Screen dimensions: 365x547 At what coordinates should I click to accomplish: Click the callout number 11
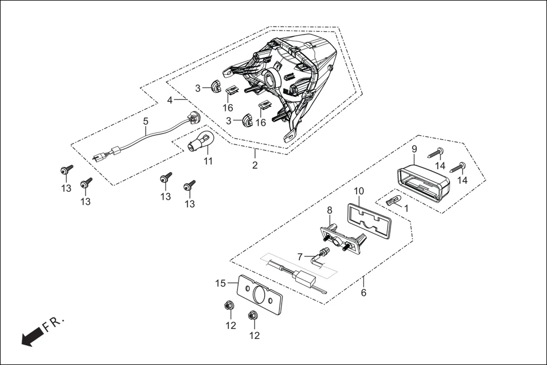(x=208, y=162)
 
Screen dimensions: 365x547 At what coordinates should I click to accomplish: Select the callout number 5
(x=146, y=121)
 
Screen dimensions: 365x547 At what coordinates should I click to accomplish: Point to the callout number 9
(x=414, y=149)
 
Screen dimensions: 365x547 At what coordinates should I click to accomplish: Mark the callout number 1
(x=405, y=208)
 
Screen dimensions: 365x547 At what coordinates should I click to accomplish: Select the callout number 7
(x=300, y=257)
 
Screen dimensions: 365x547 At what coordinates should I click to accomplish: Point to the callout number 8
(x=329, y=211)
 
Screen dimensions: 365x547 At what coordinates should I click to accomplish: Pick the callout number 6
(x=363, y=293)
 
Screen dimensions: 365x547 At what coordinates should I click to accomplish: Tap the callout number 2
(x=255, y=165)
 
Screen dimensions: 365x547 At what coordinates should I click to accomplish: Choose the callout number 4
(x=170, y=100)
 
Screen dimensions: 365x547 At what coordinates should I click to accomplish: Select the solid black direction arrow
(x=32, y=336)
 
